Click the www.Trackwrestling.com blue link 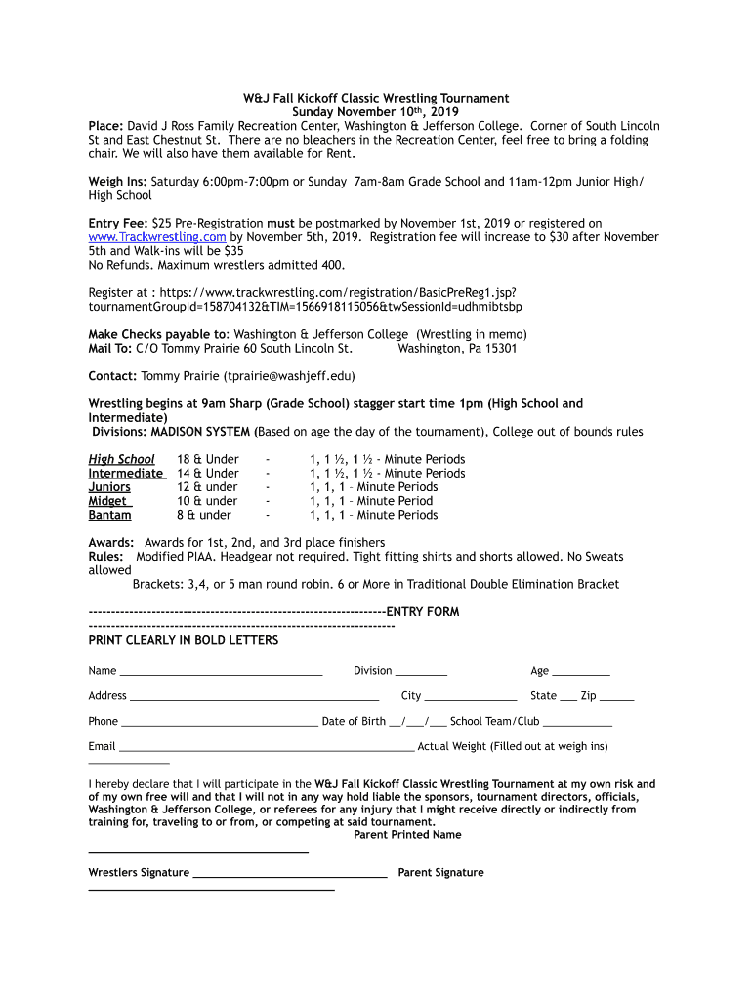tap(157, 237)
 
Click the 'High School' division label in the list tap(121, 459)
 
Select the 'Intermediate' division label tap(125, 473)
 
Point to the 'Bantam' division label tap(109, 515)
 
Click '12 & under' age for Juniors tap(207, 487)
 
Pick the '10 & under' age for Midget tap(207, 501)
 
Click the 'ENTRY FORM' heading tap(423, 612)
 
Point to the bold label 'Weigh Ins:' tap(118, 182)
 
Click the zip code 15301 tap(493, 348)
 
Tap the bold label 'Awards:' tap(111, 542)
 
